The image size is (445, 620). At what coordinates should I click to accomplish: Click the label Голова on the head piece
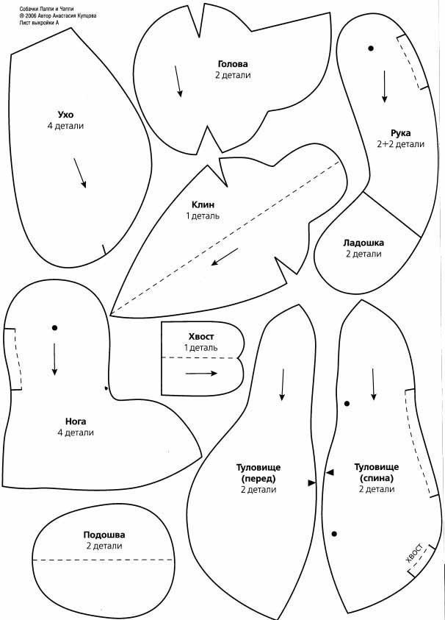(233, 64)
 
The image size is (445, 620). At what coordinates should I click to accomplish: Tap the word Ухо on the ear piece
(65, 115)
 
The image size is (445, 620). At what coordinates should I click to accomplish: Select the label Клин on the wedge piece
(202, 204)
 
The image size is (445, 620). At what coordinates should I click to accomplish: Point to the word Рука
(400, 133)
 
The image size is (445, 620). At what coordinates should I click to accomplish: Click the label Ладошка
(363, 243)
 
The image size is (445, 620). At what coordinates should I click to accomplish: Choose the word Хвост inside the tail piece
(201, 335)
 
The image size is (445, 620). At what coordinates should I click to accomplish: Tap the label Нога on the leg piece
(76, 421)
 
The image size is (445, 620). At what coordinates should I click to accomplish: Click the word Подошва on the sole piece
(104, 535)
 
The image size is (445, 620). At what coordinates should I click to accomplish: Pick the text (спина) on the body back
(377, 478)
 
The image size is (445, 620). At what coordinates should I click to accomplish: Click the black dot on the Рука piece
(371, 49)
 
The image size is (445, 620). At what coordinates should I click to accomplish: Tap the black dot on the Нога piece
(54, 327)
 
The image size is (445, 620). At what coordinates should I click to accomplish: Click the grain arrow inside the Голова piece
(178, 81)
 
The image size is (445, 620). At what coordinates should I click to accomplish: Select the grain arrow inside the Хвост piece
(201, 374)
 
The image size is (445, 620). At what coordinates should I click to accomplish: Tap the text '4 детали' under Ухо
(65, 126)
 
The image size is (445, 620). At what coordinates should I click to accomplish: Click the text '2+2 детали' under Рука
(400, 144)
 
